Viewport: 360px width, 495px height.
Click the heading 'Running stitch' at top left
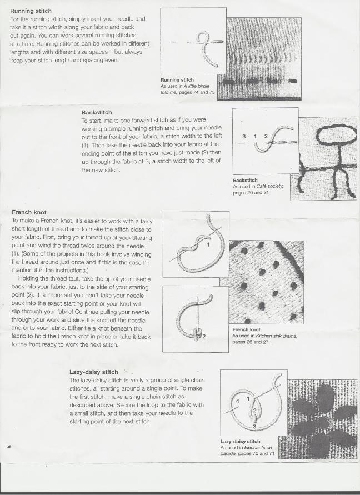coord(31,10)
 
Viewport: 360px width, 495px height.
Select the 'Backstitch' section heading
coord(96,112)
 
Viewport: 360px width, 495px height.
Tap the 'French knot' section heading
coord(29,212)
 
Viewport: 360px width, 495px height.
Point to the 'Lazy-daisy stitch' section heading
coord(93,372)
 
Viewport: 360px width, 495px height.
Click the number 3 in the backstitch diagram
coord(244,136)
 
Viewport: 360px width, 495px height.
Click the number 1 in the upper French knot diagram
coord(208,244)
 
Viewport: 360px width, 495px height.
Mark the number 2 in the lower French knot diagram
coord(203,337)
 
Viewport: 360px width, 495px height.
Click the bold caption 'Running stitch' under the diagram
coord(177,80)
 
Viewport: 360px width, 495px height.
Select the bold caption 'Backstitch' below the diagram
coord(245,181)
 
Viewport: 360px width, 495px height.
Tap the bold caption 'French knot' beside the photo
coord(246,329)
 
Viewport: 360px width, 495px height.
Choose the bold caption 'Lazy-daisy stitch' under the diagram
coord(241,442)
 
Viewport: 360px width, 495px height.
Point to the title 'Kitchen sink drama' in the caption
coord(276,336)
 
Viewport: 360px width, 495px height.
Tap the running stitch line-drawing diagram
coord(193,42)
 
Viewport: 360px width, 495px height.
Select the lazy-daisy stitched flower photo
coord(318,419)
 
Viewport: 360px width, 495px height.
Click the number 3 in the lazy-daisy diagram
coord(255,426)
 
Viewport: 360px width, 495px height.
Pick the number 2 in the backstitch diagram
coord(266,136)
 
